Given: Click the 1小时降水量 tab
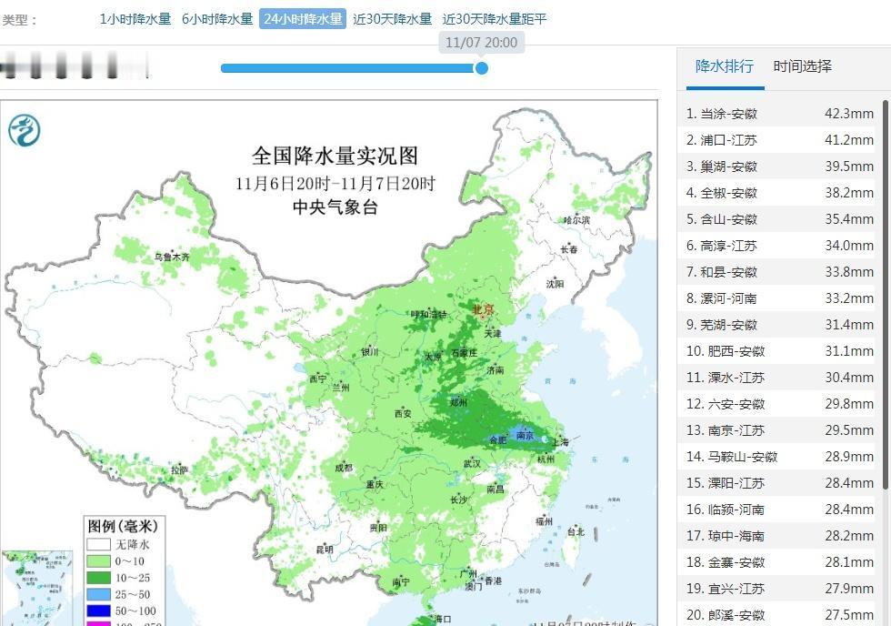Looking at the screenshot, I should [x=135, y=19].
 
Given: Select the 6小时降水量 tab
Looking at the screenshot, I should [x=217, y=19].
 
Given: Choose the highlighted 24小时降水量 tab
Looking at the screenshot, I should [x=303, y=19].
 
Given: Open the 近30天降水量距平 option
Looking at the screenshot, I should [x=495, y=19].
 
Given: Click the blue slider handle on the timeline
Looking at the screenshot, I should [x=482, y=68].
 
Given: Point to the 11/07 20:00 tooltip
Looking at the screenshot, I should [x=481, y=43].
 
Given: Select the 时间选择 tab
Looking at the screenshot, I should [x=802, y=66].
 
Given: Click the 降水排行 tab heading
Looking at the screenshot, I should [x=724, y=66].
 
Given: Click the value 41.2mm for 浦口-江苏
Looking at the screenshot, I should [x=849, y=140].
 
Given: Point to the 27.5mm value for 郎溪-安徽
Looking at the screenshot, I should [x=849, y=615].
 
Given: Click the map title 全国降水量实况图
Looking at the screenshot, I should [x=335, y=156].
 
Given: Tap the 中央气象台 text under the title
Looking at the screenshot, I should [x=335, y=207].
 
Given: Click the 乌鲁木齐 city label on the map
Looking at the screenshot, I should [x=172, y=257].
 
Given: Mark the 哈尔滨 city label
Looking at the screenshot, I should [x=576, y=220].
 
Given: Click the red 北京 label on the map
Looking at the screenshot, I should [x=483, y=310].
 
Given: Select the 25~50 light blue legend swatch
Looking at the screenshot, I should [x=98, y=594].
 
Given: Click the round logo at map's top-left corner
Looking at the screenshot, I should [x=25, y=131].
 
